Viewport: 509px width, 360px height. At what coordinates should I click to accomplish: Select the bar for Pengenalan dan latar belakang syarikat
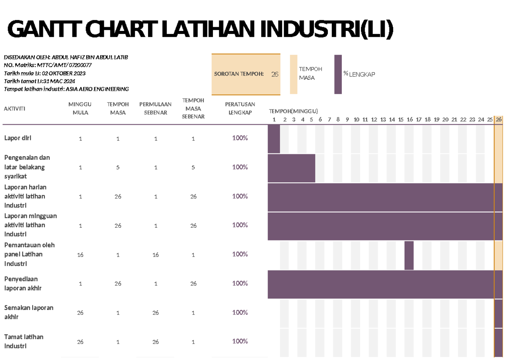click(291, 168)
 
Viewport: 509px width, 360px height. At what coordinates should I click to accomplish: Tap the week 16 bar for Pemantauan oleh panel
click(409, 255)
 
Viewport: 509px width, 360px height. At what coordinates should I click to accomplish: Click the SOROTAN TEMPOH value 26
click(275, 74)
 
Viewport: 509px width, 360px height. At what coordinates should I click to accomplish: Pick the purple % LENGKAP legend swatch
click(338, 74)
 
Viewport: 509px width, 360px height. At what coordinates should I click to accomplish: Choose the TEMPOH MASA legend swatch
click(294, 74)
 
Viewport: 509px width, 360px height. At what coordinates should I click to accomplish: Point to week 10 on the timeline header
click(356, 120)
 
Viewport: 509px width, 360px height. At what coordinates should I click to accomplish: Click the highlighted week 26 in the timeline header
click(499, 120)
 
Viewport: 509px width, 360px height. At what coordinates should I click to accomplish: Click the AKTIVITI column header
click(14, 109)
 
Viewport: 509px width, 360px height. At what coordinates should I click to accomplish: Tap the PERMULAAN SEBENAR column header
click(155, 108)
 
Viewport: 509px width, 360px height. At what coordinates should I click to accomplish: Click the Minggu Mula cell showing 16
click(80, 255)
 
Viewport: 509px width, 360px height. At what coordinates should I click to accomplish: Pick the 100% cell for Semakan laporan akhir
click(240, 313)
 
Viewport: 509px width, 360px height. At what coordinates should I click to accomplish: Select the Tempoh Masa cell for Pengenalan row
click(118, 167)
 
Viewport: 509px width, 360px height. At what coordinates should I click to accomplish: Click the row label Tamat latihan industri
click(24, 341)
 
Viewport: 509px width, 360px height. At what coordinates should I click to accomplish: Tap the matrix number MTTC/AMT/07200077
click(64, 65)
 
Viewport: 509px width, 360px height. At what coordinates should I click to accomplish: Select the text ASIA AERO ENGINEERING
click(97, 89)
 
